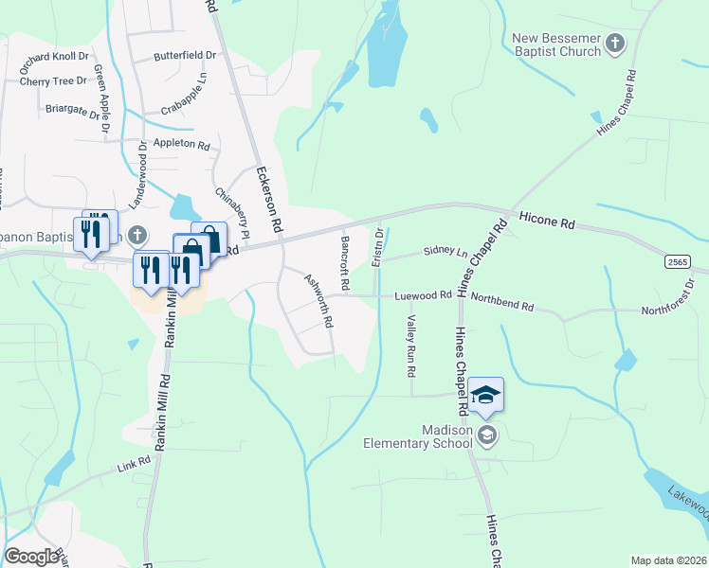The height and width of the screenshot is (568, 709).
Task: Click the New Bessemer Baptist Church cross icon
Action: click(615, 43)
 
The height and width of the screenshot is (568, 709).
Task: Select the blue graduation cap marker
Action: click(485, 395)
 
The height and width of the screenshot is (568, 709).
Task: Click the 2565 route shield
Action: click(677, 262)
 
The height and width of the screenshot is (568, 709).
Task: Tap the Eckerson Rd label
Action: click(269, 200)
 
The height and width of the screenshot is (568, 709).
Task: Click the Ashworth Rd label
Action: click(318, 300)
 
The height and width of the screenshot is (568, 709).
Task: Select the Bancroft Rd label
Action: click(345, 263)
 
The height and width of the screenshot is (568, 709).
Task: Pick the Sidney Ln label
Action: click(445, 251)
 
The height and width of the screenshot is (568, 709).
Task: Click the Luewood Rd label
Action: click(426, 295)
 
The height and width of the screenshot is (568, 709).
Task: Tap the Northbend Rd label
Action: click(503, 308)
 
